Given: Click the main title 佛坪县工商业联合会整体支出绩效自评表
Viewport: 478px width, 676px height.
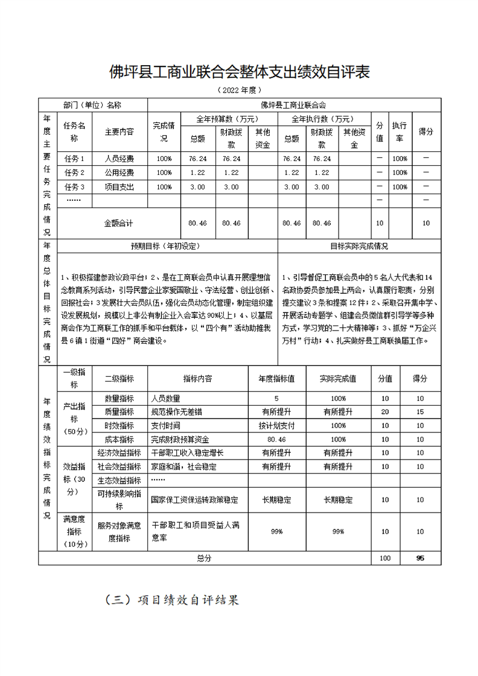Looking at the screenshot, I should [x=239, y=72].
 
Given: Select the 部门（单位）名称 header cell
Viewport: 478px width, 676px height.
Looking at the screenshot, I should [x=92, y=104].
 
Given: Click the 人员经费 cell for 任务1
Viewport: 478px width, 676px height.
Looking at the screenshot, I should [x=119, y=159].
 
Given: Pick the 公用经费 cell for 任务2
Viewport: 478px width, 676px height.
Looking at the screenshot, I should [x=119, y=172].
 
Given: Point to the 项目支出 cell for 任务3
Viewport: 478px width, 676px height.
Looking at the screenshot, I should [x=119, y=187].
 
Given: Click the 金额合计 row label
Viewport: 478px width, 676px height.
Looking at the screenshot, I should [x=119, y=223].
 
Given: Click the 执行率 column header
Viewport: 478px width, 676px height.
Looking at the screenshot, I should [x=399, y=131].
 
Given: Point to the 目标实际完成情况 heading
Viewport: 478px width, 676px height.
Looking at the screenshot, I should [x=359, y=246].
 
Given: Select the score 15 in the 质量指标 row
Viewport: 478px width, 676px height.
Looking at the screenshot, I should [x=420, y=412].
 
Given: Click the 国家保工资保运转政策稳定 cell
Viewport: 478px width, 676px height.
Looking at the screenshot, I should [x=194, y=500].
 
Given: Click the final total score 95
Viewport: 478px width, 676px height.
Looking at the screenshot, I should [x=420, y=558].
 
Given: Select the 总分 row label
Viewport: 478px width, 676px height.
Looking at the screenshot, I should [x=204, y=558].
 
